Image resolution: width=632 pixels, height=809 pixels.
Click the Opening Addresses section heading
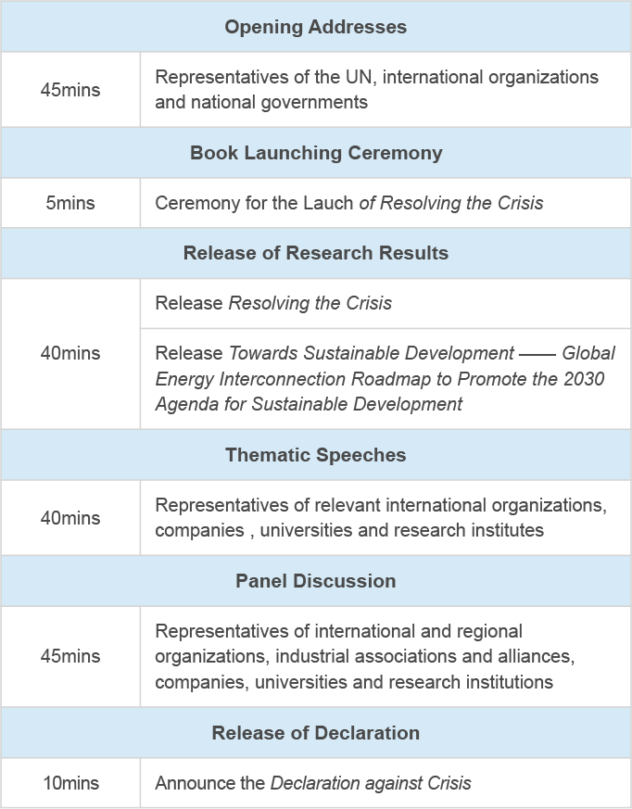[x=315, y=27]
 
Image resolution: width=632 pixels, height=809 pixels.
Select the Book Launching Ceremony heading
[x=315, y=153]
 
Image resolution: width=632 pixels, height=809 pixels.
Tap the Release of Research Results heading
[x=315, y=253]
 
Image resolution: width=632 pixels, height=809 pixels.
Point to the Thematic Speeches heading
[x=315, y=455]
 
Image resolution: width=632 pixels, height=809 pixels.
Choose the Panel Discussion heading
[x=315, y=581]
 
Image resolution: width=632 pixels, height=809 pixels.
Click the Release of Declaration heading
[x=315, y=733]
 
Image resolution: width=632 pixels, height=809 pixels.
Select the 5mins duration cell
[x=70, y=203]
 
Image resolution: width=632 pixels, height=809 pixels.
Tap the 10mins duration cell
[x=70, y=783]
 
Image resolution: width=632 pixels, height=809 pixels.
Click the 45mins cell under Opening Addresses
[x=70, y=90]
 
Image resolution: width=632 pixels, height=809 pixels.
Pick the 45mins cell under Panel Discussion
[x=70, y=656]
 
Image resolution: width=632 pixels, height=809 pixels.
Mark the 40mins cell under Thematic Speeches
[x=70, y=518]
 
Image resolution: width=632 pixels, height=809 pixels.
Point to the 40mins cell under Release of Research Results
[x=70, y=353]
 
